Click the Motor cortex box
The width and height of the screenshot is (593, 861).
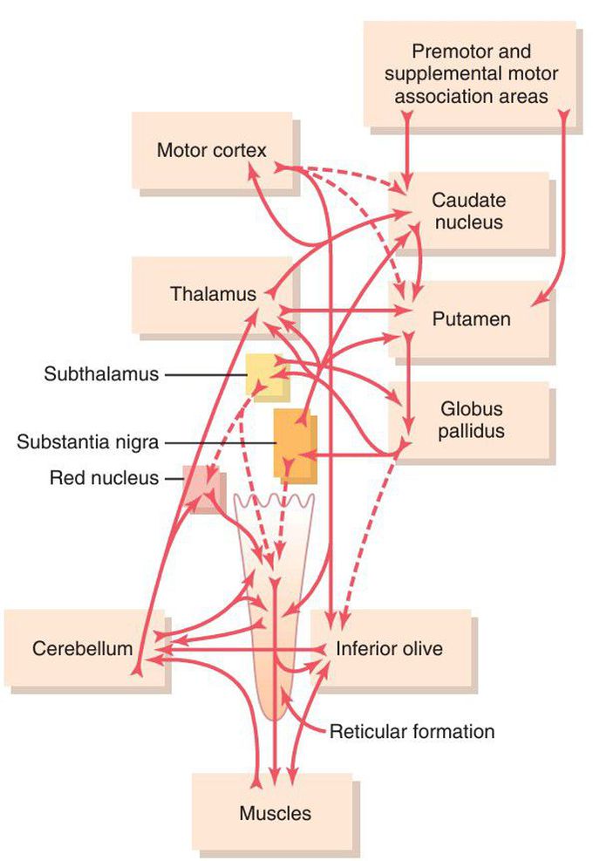(x=211, y=150)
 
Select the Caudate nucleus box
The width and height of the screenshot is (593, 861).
(x=467, y=211)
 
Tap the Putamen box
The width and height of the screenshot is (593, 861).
(x=471, y=319)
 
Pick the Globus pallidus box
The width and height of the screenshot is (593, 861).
(x=471, y=419)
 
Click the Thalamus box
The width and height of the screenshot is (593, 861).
(x=213, y=294)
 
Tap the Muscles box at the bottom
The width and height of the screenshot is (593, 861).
(x=275, y=813)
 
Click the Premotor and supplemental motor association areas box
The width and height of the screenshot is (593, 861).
(x=471, y=73)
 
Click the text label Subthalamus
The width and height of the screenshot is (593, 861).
(x=102, y=374)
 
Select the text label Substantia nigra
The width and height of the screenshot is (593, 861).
(x=87, y=442)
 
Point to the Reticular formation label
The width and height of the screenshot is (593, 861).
(x=412, y=731)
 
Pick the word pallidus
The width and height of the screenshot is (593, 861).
(x=473, y=429)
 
